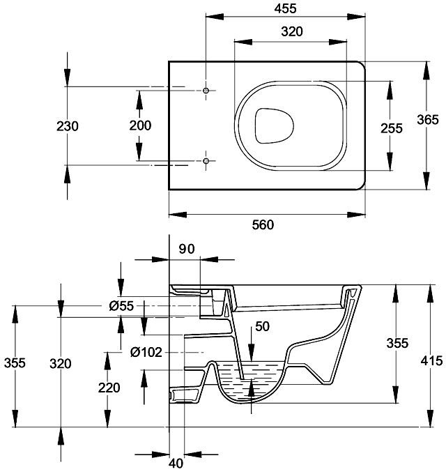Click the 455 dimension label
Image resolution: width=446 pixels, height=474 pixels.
pyautogui.click(x=285, y=8)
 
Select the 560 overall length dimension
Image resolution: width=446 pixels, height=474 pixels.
pyautogui.click(x=263, y=224)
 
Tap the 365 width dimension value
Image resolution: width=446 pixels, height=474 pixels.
pyautogui.click(x=428, y=119)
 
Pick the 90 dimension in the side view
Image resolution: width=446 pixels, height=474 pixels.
pyautogui.click(x=185, y=249)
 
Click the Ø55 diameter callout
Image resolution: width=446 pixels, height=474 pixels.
pyautogui.click(x=121, y=306)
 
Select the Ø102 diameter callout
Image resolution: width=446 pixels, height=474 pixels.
pyautogui.click(x=146, y=352)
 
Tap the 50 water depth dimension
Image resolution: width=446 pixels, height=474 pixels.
pyautogui.click(x=261, y=326)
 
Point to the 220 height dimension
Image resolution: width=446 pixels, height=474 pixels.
pyautogui.click(x=109, y=388)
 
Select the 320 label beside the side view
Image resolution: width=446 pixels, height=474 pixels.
pyautogui.click(x=61, y=363)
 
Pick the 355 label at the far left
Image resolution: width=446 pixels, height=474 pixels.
pyautogui.click(x=15, y=363)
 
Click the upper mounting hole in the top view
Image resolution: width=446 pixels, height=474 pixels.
pyautogui.click(x=206, y=91)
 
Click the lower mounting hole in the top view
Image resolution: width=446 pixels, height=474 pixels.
pyautogui.click(x=206, y=161)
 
